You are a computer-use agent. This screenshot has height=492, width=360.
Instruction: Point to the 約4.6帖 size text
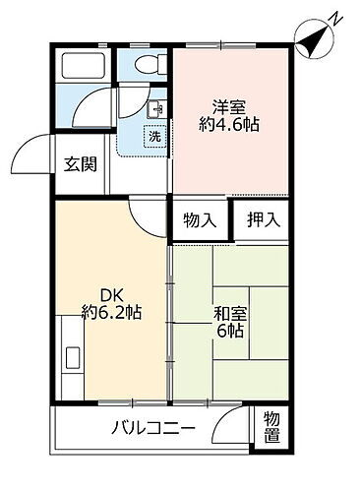(x=231, y=127)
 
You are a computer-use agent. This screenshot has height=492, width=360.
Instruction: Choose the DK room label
(x=110, y=293)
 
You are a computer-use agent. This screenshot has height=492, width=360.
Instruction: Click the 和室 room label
(x=230, y=315)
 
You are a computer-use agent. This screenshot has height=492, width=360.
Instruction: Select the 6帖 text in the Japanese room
(x=230, y=333)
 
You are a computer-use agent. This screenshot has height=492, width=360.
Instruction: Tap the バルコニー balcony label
(x=152, y=428)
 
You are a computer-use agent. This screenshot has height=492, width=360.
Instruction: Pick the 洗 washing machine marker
(x=154, y=137)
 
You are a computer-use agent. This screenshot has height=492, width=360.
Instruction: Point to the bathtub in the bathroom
(x=85, y=67)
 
